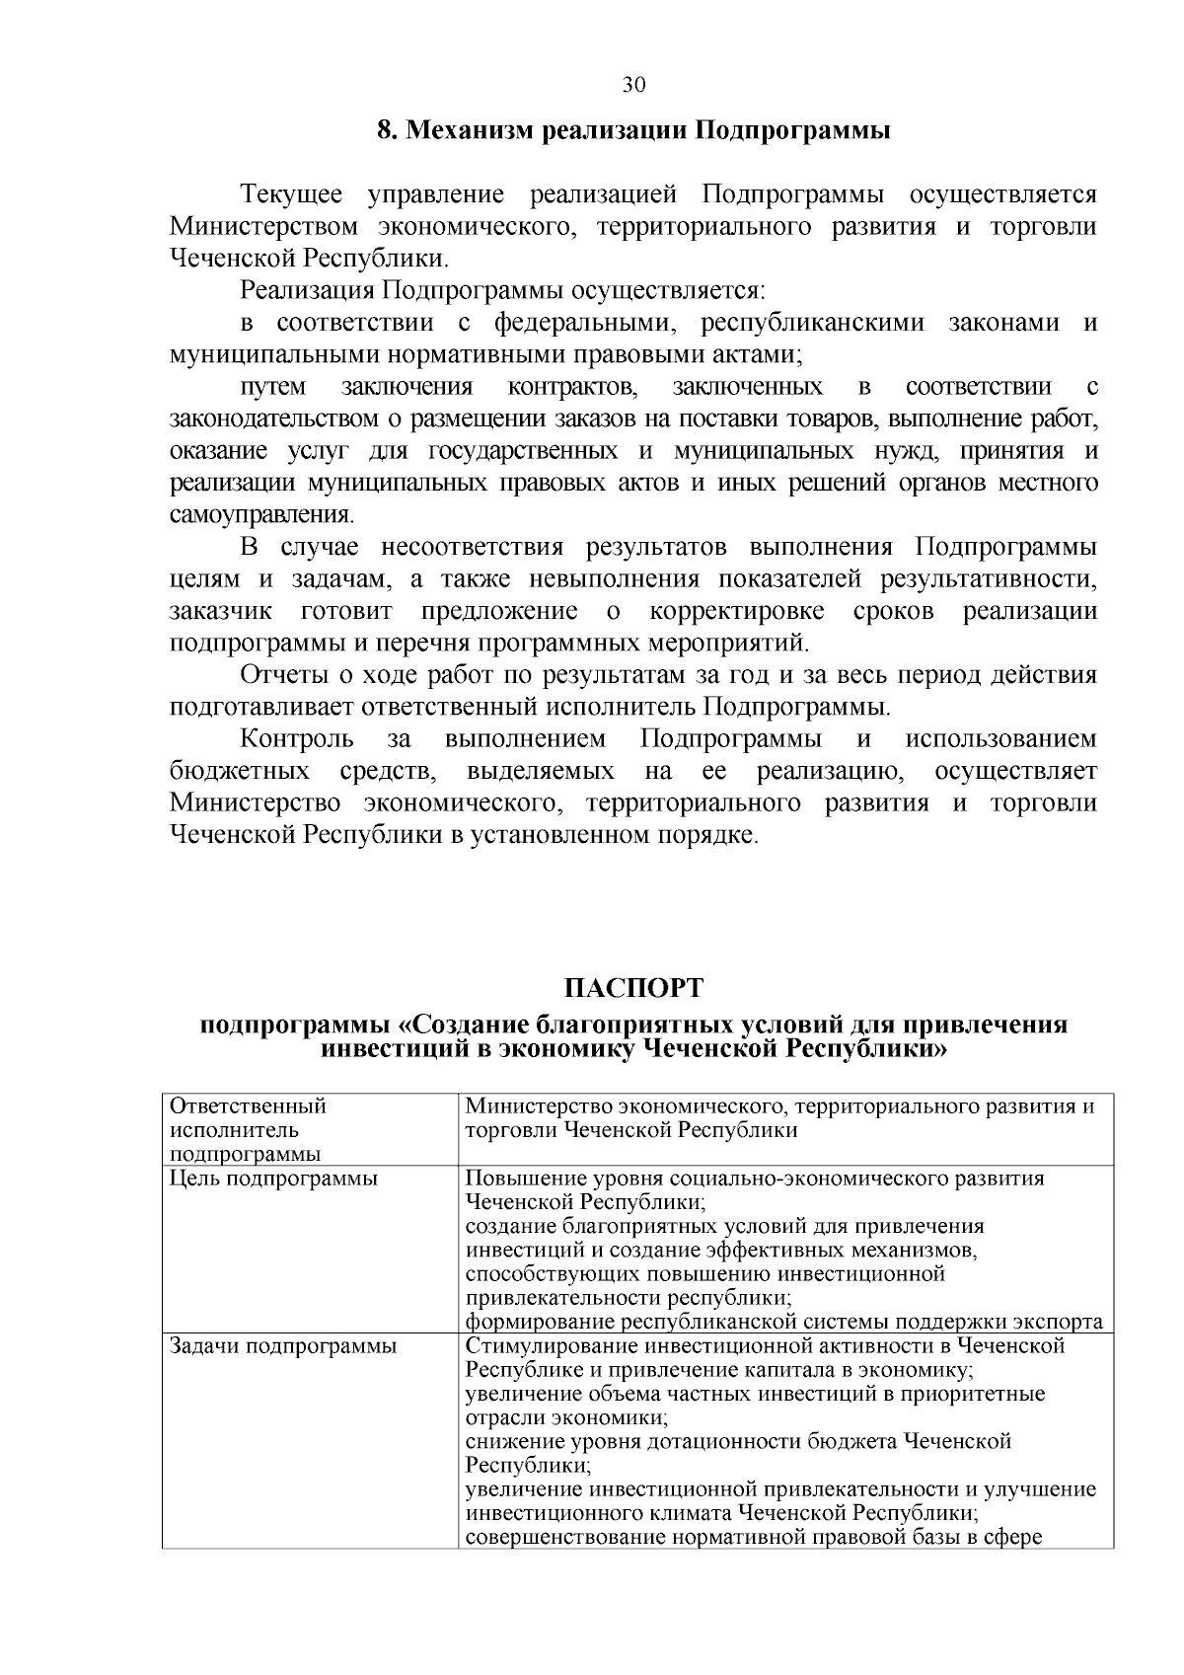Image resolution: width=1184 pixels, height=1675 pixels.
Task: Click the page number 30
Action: click(x=633, y=85)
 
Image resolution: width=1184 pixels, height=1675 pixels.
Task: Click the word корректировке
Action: click(x=737, y=611)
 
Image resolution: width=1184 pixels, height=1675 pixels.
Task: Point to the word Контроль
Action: click(x=297, y=739)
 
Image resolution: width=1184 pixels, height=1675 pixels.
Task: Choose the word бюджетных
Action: click(x=240, y=771)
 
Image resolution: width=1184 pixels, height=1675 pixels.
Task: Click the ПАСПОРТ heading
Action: click(x=633, y=988)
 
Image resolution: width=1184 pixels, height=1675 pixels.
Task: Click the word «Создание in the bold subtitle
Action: click(x=477, y=1024)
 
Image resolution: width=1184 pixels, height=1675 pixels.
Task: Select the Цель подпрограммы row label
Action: click(x=273, y=1179)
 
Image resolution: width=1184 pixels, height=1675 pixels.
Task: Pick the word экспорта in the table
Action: click(x=1059, y=1322)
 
